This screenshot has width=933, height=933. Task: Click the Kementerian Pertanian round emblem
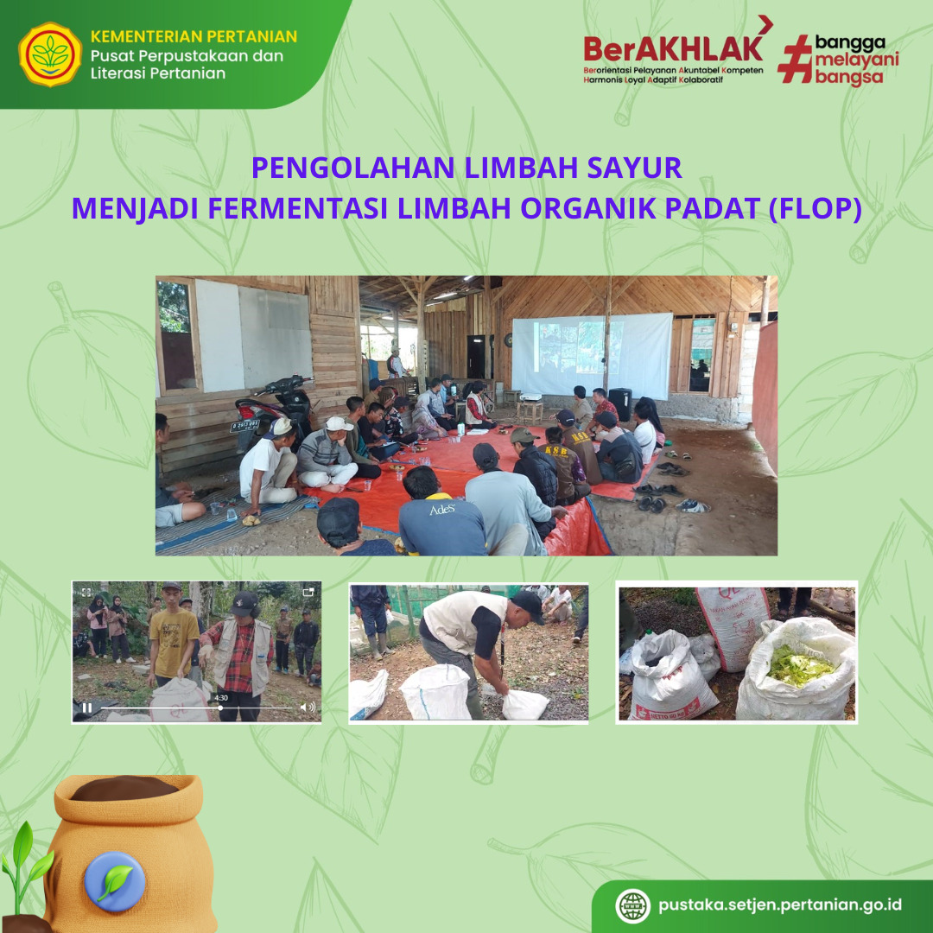coord(50,54)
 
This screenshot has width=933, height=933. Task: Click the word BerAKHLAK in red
coord(673,48)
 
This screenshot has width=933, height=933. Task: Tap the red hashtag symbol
coord(795,59)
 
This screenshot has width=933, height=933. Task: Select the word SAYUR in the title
coord(634,168)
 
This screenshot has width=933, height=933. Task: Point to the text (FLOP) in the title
coord(816,209)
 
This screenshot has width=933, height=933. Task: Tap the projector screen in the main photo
coord(592,355)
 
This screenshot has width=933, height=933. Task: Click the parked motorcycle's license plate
coord(244,426)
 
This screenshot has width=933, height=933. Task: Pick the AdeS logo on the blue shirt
coord(442,510)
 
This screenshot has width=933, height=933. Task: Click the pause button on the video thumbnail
coord(87,708)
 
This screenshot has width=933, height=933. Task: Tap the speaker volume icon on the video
coord(307,707)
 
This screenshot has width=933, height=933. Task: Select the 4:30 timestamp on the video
coord(221,698)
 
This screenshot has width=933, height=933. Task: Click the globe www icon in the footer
coord(632,905)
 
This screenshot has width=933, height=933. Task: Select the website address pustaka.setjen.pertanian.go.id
coord(780,905)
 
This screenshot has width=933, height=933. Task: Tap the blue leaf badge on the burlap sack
coord(114,881)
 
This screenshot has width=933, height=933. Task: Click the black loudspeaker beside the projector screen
coord(620,404)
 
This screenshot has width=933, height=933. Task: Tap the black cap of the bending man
coord(528,605)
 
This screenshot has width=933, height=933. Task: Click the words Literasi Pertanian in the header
coord(158,73)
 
